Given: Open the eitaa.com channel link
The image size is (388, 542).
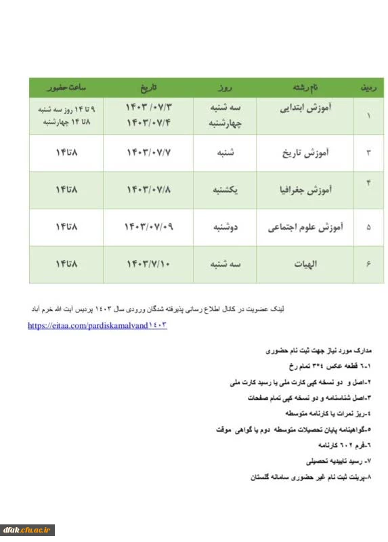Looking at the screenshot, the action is pos(97,326).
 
